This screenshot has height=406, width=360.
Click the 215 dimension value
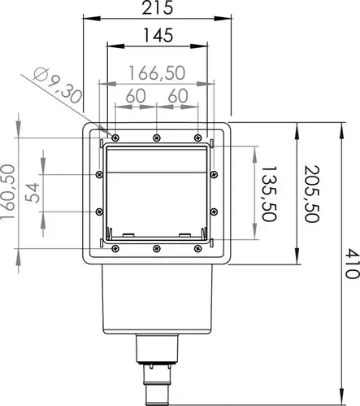[x=158, y=8]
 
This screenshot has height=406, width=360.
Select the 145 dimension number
[x=158, y=36]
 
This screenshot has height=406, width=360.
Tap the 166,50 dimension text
[x=157, y=73]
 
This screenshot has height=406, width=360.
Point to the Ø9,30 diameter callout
[x=58, y=85]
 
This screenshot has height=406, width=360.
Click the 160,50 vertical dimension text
[x=7, y=192]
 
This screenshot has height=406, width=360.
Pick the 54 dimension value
[x=33, y=193]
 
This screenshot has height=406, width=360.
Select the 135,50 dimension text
[x=269, y=194]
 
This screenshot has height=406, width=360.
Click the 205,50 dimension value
[x=312, y=194]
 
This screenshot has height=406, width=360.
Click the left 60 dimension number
[x=136, y=96]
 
